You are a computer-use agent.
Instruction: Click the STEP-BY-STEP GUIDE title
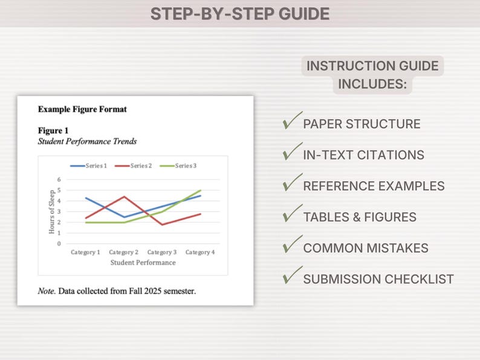tap(240, 14)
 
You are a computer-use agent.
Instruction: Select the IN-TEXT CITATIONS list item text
tap(363, 155)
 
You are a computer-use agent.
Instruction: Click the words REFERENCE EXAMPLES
tap(374, 186)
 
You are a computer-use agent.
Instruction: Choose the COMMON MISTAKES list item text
tap(365, 248)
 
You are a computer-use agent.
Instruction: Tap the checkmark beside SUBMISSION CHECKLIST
tap(292, 276)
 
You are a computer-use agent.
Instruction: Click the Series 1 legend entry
tap(88, 166)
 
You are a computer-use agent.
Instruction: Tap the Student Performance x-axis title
tap(143, 263)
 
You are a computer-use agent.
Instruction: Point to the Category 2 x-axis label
tap(124, 252)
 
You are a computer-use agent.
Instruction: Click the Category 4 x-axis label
tap(200, 252)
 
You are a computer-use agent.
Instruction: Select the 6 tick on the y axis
tap(59, 179)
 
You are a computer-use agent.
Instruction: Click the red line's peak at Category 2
tap(124, 196)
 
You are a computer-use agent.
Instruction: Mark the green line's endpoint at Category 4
tap(200, 190)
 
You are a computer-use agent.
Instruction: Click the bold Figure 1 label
tap(53, 130)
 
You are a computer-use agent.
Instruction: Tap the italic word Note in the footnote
tap(46, 291)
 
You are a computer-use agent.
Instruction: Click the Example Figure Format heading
tap(82, 109)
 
